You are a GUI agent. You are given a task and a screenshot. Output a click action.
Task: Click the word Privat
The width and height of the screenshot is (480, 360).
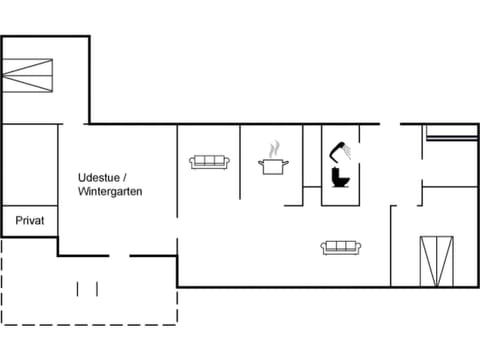pyautogui.click(x=29, y=220)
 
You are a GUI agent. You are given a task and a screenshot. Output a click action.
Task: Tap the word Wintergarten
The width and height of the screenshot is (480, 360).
pyautogui.click(x=110, y=190)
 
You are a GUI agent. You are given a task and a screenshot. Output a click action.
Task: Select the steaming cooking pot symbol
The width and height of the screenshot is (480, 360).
pyautogui.click(x=274, y=165)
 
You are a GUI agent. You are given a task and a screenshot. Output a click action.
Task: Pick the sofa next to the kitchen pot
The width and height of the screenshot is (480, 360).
pyautogui.click(x=210, y=161)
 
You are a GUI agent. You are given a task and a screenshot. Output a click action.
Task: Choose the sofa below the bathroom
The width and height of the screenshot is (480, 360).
pyautogui.click(x=341, y=247)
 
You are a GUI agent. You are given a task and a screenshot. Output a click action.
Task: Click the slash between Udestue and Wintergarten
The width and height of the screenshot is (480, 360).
pyautogui.click(x=125, y=177)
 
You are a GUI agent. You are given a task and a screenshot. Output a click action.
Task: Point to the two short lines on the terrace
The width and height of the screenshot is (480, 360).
pyautogui.click(x=88, y=289)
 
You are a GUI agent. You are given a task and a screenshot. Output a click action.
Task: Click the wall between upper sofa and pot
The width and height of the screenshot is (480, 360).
pyautogui.click(x=241, y=160)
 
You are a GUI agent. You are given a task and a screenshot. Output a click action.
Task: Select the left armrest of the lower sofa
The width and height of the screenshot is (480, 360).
pyautogui.click(x=324, y=248)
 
